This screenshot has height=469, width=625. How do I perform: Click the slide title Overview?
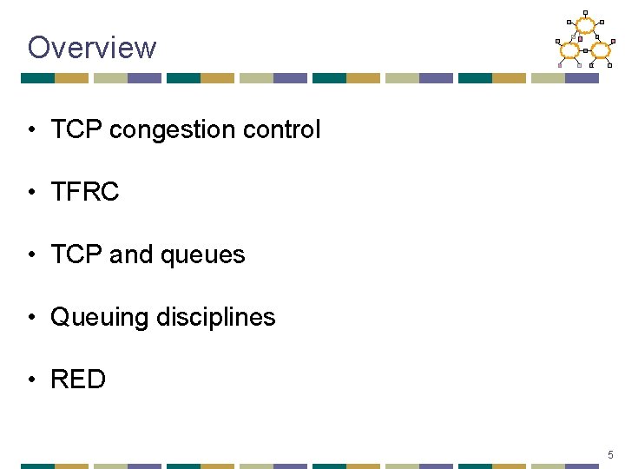click(92, 47)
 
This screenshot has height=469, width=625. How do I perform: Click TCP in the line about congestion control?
click(76, 130)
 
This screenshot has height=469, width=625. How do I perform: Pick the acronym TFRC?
click(84, 192)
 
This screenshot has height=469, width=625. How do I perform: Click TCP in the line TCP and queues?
click(76, 254)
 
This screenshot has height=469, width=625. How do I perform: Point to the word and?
click(130, 254)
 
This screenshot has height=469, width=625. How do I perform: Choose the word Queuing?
click(100, 318)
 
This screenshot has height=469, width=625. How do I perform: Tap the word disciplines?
click(216, 317)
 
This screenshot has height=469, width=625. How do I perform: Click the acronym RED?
click(78, 380)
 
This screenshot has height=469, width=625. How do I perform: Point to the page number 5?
click(610, 454)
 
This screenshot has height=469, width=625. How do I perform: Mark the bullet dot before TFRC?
click(31, 193)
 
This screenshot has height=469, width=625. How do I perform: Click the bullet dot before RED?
click(31, 380)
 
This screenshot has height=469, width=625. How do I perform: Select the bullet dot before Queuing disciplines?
click(31, 318)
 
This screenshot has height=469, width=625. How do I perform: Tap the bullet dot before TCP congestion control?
click(31, 130)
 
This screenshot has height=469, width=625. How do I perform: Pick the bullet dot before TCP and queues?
click(31, 255)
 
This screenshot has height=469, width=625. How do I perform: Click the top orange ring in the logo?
click(586, 26)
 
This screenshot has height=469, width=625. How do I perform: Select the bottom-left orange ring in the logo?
click(569, 50)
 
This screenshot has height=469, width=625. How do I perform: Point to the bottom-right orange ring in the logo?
click(601, 50)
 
